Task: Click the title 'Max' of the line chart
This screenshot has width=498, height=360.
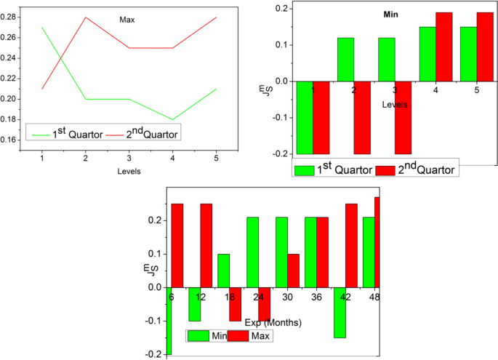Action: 128,20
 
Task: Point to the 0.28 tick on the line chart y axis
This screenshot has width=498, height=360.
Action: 12,17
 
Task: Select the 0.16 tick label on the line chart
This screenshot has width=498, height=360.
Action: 12,140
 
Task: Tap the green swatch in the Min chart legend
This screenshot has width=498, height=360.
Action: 304,170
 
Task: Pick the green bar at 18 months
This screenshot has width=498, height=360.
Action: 223,271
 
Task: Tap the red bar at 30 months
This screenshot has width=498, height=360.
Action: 293,271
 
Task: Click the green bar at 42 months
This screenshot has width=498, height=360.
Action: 340,312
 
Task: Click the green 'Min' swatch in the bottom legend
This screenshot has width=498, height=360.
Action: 198,336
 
